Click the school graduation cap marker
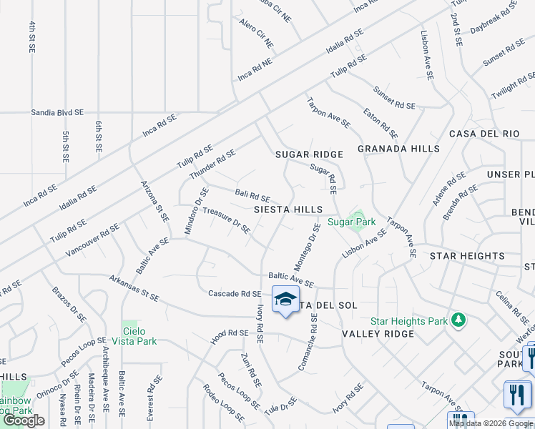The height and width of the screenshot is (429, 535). coord(285,300)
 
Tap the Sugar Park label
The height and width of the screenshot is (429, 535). coord(351,222)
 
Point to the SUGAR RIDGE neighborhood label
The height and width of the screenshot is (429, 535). coord(310,154)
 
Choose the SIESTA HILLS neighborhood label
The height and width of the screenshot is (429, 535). coord(288,209)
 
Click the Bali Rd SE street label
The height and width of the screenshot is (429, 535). coord(252,195)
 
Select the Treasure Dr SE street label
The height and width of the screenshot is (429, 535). coord(226,220)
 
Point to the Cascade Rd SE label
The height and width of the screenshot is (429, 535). coord(235,294)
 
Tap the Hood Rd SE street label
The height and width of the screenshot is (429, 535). coord(229,334)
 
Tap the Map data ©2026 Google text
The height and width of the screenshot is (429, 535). coord(491,423)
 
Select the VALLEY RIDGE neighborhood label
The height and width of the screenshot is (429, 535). coord(378,334)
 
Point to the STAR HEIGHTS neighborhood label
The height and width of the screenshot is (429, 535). coord(466,256)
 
